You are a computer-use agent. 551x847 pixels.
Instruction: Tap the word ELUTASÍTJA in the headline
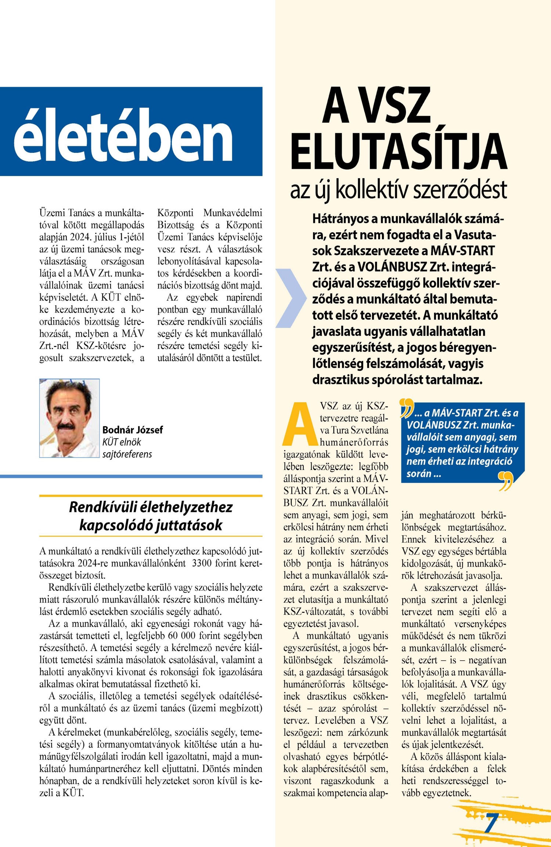point(399,151)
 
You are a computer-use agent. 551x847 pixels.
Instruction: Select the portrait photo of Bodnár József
point(69,418)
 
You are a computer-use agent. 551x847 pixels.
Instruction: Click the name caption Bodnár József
point(132,430)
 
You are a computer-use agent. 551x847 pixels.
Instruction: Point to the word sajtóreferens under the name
point(127,454)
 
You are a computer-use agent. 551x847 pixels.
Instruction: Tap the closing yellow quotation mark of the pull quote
point(505,482)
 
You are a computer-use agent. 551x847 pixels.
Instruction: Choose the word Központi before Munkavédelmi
point(175,213)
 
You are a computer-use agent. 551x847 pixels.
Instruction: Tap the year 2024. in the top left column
point(79,237)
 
